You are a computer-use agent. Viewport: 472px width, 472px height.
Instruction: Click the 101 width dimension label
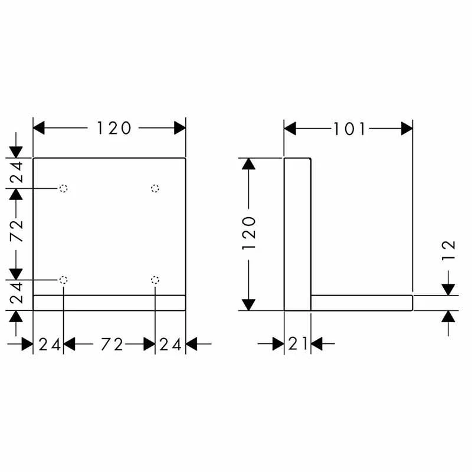coord(349,129)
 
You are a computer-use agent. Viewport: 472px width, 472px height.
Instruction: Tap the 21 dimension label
coord(298,344)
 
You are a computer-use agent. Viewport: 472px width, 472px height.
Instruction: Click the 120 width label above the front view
coord(114,128)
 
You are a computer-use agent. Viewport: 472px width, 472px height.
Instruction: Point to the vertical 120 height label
coord(248,233)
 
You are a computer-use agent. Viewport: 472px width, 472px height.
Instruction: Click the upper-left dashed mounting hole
coord(63,189)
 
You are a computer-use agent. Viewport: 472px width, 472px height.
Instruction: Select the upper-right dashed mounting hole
coord(155,189)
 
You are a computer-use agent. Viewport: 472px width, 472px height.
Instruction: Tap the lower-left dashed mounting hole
coord(63,280)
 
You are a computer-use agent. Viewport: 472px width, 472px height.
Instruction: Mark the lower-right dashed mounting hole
coord(155,280)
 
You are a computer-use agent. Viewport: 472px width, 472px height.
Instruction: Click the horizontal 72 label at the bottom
coord(112,345)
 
